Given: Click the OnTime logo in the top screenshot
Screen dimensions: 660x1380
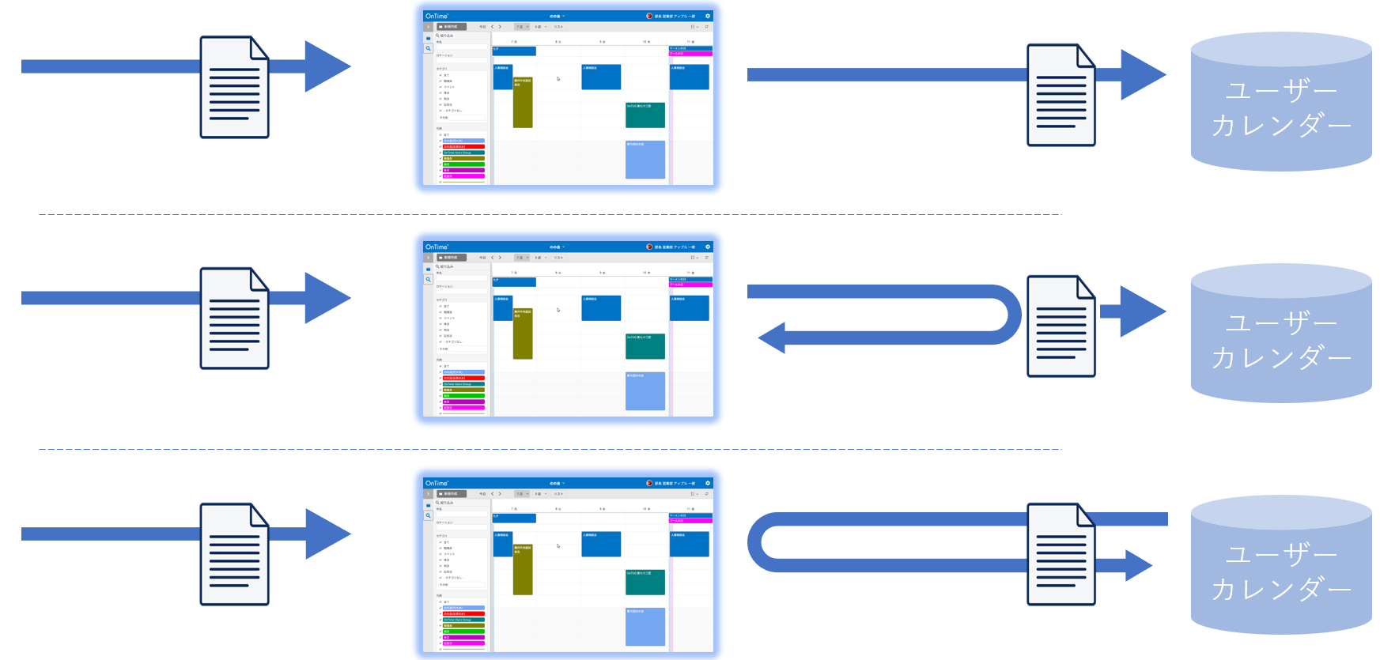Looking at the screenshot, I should pos(437,16).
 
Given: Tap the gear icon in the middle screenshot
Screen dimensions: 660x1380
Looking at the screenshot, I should pos(708,247).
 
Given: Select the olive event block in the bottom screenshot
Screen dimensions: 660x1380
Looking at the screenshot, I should pos(523,569).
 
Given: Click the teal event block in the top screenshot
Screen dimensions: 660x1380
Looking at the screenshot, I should pos(645,115).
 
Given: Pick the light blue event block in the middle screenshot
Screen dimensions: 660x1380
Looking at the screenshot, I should pos(645,391).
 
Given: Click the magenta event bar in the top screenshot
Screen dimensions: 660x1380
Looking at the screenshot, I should pos(690,54).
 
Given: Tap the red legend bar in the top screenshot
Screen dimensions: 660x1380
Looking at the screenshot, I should pos(463,147).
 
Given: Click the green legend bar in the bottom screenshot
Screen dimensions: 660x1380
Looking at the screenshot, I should pos(463,632).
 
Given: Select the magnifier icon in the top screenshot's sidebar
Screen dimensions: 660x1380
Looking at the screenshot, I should pos(429,48).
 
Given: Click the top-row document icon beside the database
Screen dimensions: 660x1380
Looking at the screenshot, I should pos(1061,96).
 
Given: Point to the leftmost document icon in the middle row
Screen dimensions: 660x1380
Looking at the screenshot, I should pos(234,319).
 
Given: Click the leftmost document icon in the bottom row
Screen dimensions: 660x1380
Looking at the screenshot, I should pos(234,554).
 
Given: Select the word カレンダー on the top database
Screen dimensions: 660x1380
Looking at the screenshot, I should pos(1281,126).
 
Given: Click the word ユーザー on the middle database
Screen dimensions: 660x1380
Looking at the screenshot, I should pos(1281,322).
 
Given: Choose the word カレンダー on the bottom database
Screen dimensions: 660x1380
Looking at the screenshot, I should pos(1281,590).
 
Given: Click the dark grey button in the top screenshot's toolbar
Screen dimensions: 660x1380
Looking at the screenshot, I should pos(452,27).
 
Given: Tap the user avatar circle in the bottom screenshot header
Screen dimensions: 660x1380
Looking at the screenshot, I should pos(649,483).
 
